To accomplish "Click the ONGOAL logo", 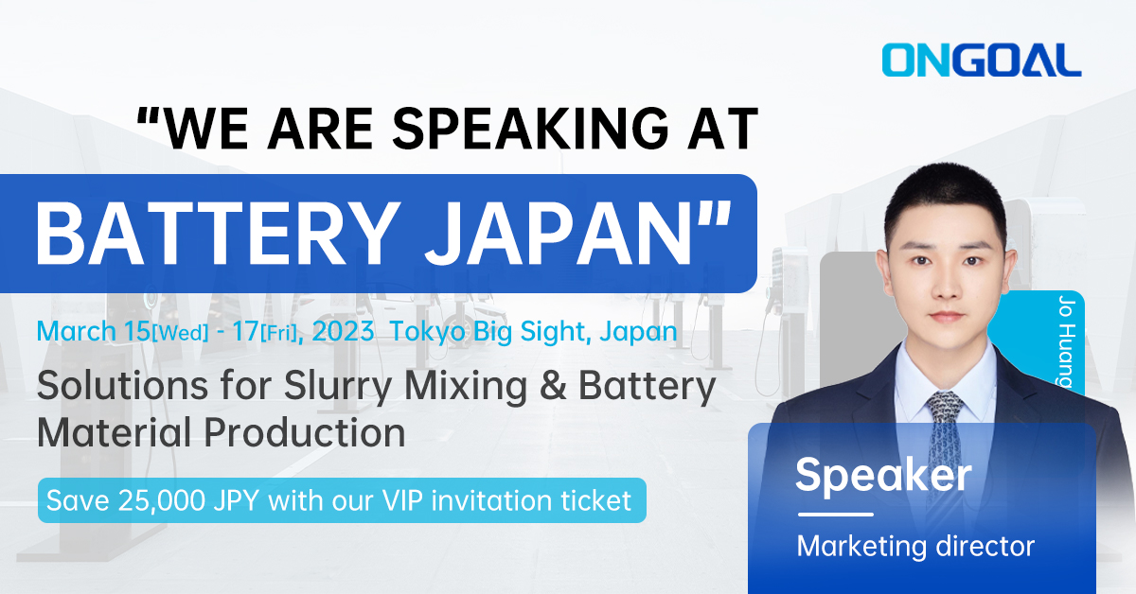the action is pos(982,60).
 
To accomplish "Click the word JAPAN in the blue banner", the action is pos(558,233).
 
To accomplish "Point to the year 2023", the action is pos(343,331).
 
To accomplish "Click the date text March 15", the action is pos(93,331).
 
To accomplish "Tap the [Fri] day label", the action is pos(279,334).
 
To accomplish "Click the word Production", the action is pos(304,433).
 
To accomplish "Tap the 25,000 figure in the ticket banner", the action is pos(161,500).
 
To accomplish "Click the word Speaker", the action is pos(883,476).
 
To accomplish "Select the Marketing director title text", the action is pos(915,547).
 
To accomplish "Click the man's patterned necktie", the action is pos(944,456).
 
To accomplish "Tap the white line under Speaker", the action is pos(836,515).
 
